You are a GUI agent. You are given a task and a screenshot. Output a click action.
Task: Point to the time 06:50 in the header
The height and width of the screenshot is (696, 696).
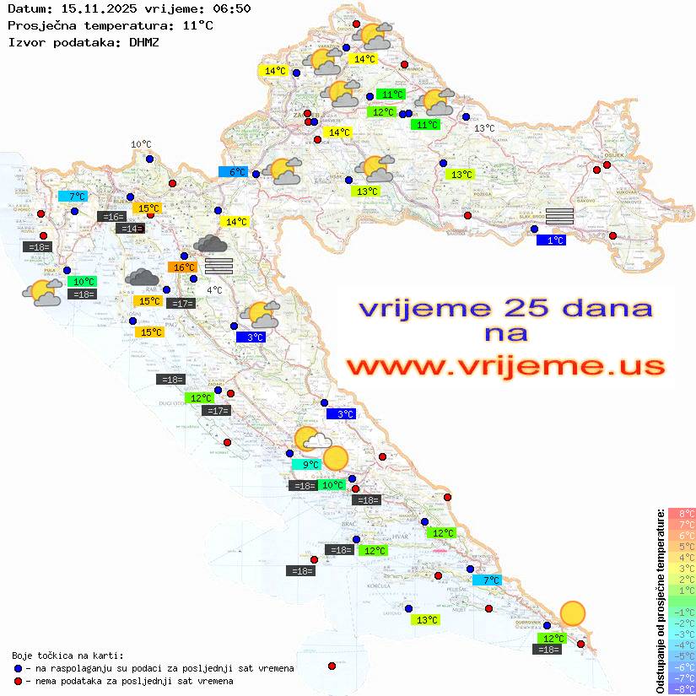[231, 8]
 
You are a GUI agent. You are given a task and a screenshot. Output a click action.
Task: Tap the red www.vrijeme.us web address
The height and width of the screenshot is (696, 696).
[505, 366]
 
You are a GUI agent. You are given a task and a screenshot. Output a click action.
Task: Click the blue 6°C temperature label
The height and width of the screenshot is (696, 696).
[233, 172]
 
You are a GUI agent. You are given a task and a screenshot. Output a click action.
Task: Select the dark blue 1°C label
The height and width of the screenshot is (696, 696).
[551, 240]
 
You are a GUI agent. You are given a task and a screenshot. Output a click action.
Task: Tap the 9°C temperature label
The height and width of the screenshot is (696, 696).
[307, 464]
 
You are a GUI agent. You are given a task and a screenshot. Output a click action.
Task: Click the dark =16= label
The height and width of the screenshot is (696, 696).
[111, 217]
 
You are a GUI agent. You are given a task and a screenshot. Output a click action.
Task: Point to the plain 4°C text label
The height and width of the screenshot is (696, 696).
[214, 290]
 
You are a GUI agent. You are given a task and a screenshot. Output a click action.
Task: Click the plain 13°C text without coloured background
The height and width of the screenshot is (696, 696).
[483, 128]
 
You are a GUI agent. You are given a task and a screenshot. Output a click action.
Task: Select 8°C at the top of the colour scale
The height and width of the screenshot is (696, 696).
[682, 513]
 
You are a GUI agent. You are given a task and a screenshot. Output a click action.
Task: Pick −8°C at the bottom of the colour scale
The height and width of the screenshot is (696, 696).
[682, 688]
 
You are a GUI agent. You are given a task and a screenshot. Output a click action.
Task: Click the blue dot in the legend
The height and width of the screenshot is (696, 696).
[19, 668]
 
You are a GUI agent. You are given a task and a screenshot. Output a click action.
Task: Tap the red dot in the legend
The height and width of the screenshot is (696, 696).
[19, 681]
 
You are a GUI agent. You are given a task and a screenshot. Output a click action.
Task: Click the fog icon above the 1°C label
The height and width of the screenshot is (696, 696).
[560, 215]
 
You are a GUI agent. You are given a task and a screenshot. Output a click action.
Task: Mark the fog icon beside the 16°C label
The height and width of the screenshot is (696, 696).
[219, 266]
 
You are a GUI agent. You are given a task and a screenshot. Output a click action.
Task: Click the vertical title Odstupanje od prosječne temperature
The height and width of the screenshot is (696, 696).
[660, 600]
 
